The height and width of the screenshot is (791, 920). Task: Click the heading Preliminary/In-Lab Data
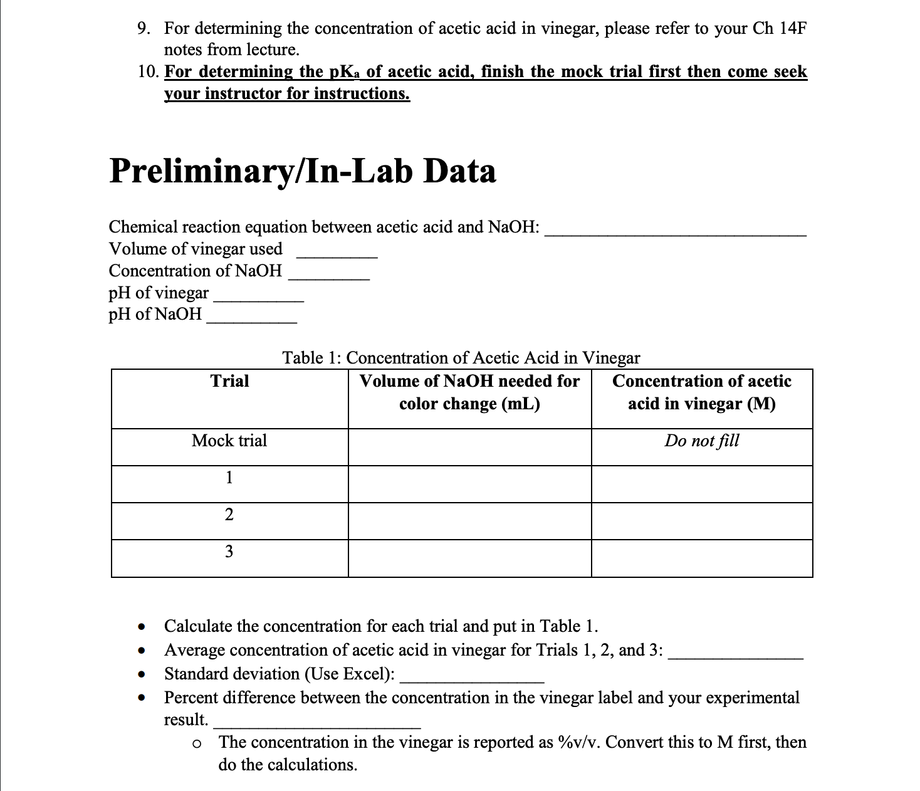coord(303,171)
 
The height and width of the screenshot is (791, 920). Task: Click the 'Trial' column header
coord(229,381)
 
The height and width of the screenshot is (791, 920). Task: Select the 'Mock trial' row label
coord(229,441)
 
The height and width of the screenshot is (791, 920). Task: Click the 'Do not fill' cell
coord(701,441)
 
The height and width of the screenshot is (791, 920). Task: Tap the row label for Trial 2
coord(229,515)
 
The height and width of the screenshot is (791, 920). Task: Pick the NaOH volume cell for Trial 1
coord(469,484)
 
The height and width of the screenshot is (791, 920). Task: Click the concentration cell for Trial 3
coord(701,558)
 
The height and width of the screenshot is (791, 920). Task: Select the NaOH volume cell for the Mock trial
coord(469,447)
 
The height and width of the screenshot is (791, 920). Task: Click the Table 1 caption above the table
coord(461,358)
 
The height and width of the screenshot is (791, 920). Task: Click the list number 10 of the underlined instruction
coord(147,72)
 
